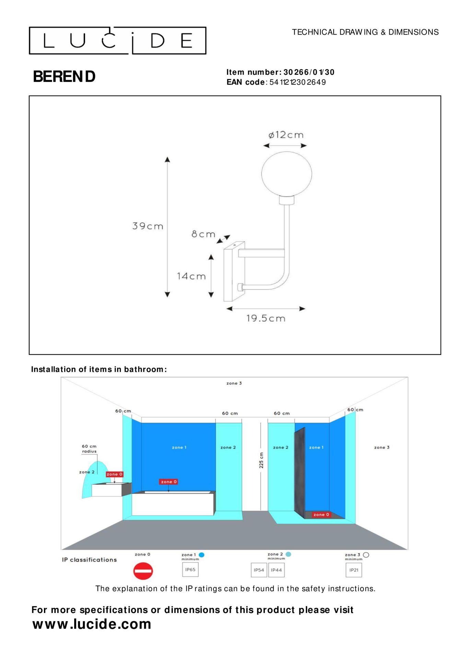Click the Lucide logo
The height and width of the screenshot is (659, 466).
117,41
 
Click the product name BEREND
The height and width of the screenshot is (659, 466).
64,77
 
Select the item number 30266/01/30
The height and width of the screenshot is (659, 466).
309,72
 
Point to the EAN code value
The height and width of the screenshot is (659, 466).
298,82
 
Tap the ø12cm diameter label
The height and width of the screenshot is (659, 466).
286,135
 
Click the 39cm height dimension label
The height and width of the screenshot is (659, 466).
148,226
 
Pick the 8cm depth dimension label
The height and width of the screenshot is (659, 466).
203,234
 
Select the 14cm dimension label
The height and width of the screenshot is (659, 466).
191,276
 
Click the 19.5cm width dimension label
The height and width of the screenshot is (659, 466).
266,318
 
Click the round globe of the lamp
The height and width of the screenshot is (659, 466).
287,174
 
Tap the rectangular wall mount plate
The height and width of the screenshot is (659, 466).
234,271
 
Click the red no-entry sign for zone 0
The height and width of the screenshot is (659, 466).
143,571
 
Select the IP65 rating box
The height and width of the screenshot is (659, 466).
190,570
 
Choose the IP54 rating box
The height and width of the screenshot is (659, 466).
259,570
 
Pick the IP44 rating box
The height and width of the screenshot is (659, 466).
276,570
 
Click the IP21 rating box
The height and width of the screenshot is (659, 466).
353,570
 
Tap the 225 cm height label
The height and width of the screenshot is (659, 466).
261,460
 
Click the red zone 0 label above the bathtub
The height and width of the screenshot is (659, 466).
168,482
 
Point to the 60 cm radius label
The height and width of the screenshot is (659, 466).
89,449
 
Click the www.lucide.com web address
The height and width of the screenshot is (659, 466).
92,624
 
